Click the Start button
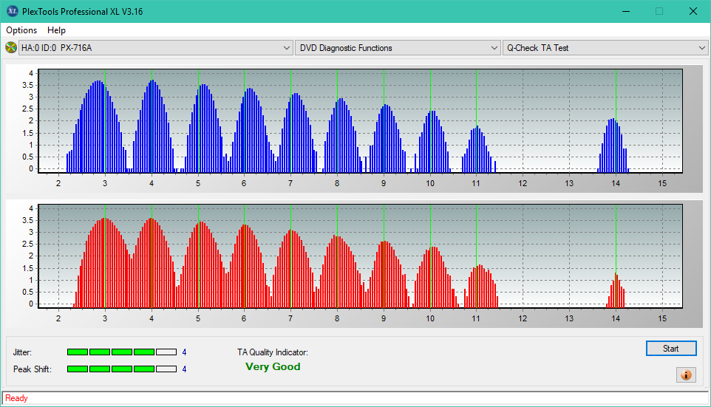671,348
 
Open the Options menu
21,30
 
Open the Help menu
56,30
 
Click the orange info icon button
686,374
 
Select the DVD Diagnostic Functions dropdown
397,47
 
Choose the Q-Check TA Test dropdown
605,47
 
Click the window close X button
693,11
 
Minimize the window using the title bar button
626,11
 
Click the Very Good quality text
273,366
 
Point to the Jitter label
22,352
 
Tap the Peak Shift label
33,369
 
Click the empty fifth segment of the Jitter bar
166,352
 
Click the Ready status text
16,398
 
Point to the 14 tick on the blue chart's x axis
616,183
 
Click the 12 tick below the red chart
523,318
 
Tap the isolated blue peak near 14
613,146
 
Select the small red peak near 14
616,290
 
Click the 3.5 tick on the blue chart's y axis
27,85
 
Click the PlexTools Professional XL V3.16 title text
83,11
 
